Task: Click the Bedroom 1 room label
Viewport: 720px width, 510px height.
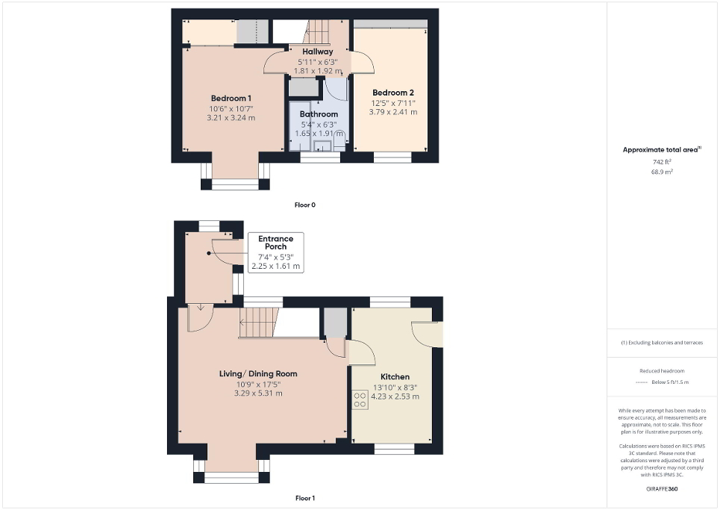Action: [x=231, y=99]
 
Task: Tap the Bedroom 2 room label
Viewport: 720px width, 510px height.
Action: [x=392, y=93]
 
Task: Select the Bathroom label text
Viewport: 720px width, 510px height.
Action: [x=319, y=114]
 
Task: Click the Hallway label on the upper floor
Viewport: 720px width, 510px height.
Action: [x=317, y=52]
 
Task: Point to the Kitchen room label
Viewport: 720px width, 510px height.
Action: [x=395, y=376]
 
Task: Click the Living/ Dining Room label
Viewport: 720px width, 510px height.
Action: [x=258, y=373]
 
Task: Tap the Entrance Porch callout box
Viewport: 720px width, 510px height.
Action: [x=275, y=252]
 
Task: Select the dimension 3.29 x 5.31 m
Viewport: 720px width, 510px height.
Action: [x=258, y=394]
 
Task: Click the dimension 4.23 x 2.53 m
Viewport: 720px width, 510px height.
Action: [x=395, y=397]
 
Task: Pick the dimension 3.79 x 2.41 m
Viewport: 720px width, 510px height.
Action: [x=392, y=112]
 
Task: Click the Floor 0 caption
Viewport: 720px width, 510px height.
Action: [x=305, y=204]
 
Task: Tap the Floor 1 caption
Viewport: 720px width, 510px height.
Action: [x=305, y=497]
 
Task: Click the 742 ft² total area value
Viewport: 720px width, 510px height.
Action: [x=662, y=161]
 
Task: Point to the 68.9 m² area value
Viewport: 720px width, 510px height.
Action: [x=662, y=171]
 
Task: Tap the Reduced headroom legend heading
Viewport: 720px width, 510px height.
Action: [x=662, y=371]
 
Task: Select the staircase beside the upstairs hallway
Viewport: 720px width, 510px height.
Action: [x=318, y=32]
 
